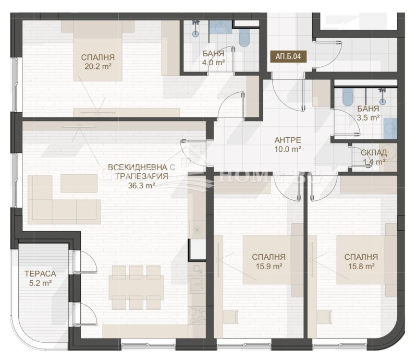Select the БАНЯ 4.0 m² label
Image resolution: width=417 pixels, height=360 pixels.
tap(214, 57)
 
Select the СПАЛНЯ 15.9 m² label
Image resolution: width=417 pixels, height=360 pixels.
tap(268, 261)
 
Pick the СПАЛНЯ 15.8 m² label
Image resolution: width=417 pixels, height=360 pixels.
tap(360, 261)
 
